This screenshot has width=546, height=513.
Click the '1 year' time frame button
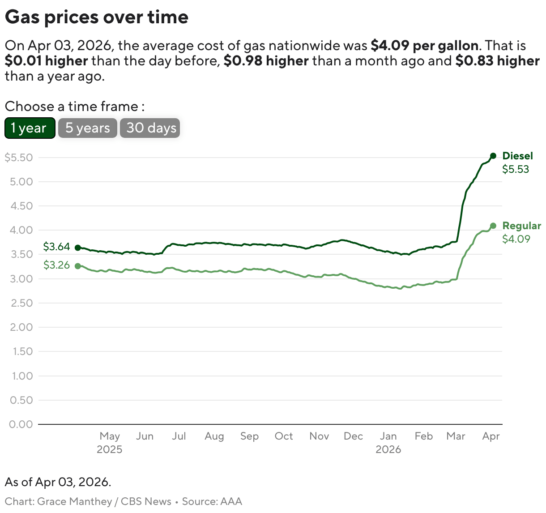point(30,128)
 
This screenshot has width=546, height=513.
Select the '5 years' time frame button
point(87,128)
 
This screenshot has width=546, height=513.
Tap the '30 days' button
point(150,128)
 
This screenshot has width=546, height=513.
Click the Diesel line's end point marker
point(493,156)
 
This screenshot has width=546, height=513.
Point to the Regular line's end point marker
point(493,226)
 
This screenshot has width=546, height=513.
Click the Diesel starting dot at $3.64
point(78,248)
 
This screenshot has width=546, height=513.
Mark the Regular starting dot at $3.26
point(78,266)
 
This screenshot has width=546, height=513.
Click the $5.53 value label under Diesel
point(516,169)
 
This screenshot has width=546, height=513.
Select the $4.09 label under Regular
point(516,239)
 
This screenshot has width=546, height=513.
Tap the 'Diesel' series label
point(517,156)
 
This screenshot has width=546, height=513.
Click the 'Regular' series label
point(521,226)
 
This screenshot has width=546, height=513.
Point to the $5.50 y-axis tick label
point(19,158)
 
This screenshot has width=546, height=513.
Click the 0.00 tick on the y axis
point(21,424)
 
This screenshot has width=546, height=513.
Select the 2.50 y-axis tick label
point(21,303)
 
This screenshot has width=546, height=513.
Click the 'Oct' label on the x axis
point(284,436)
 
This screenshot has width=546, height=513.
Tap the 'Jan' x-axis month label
point(388,436)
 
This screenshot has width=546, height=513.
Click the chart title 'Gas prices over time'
point(97,17)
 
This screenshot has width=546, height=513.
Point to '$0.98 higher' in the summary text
point(266,61)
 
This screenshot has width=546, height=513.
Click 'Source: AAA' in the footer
point(212,501)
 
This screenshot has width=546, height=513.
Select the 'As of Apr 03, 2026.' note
point(58,482)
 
